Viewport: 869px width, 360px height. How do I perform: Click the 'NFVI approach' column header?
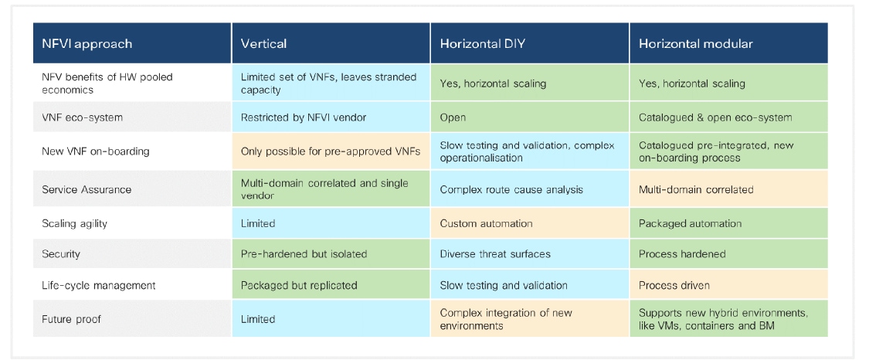[87, 44]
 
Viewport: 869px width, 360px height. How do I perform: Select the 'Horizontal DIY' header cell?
[482, 44]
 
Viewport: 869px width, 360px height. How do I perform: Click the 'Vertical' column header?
[264, 44]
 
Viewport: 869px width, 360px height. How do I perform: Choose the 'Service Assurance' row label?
[87, 189]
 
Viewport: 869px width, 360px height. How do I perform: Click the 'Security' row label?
[61, 253]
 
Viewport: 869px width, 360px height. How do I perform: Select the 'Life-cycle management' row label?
[99, 285]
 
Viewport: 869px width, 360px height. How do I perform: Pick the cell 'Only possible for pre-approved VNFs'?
[330, 151]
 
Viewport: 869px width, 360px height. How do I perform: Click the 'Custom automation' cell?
[486, 223]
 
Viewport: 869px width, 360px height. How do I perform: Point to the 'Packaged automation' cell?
[690, 223]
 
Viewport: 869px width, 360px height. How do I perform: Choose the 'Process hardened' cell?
[682, 253]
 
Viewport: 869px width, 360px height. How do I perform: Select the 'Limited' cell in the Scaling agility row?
[258, 223]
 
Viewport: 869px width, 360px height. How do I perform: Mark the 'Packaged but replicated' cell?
[299, 285]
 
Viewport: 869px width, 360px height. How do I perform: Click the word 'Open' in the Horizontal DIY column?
[453, 117]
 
